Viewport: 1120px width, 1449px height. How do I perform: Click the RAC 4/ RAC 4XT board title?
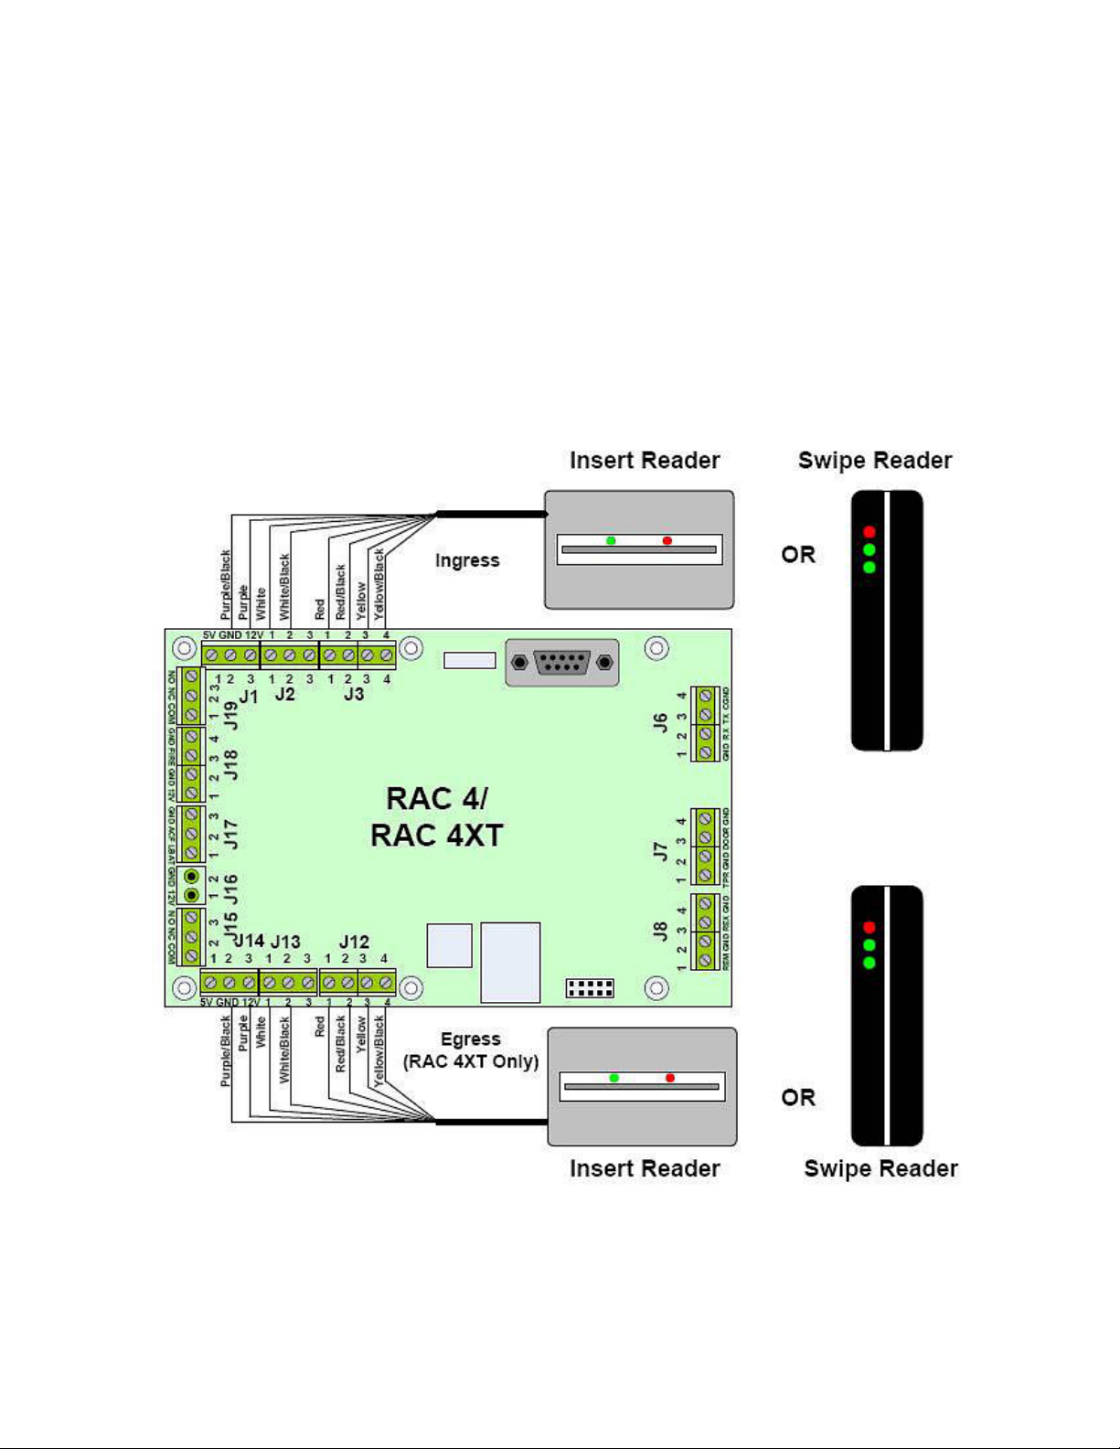(x=437, y=816)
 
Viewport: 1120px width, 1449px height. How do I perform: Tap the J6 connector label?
(x=660, y=723)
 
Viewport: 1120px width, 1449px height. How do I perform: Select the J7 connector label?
(x=660, y=851)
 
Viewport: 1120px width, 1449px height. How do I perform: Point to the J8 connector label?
(x=660, y=932)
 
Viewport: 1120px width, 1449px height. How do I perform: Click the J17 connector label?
(x=231, y=834)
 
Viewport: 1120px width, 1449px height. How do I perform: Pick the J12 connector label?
(x=354, y=942)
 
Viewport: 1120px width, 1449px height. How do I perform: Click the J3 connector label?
(x=354, y=694)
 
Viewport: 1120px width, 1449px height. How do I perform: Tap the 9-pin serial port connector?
(x=561, y=663)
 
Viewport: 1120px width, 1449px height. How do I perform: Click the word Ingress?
(x=467, y=560)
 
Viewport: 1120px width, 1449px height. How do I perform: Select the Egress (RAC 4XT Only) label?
(x=471, y=1050)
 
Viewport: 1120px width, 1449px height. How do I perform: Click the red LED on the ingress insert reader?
(x=667, y=541)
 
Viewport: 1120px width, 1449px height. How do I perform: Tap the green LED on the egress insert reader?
(x=614, y=1078)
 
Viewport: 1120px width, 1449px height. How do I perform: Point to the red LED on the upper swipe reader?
(x=869, y=532)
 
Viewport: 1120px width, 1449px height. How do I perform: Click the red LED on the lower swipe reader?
(x=869, y=927)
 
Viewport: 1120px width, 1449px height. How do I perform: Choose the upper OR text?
(x=798, y=555)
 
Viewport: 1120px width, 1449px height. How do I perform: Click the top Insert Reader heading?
(x=645, y=461)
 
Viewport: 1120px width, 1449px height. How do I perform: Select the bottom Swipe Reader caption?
(x=880, y=1168)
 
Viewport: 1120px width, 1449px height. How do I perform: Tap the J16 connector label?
(x=231, y=887)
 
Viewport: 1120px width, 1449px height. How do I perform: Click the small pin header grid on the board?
(x=590, y=988)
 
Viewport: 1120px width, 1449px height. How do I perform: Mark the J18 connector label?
(x=231, y=764)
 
